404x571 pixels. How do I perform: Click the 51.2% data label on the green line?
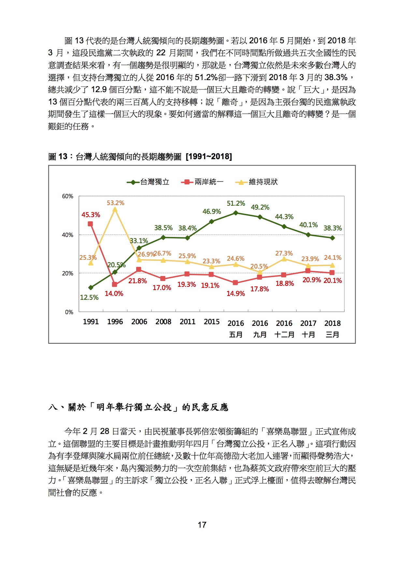pyautogui.click(x=236, y=203)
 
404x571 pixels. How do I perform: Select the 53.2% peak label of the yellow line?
pyautogui.click(x=116, y=203)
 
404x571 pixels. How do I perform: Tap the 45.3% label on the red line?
pyautogui.click(x=91, y=215)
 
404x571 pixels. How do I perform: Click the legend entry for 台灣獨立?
pyautogui.click(x=148, y=182)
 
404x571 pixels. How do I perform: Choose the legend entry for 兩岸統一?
pyautogui.click(x=202, y=182)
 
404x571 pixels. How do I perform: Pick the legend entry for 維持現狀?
pyautogui.click(x=256, y=182)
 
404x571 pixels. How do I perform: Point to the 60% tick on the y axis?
pyautogui.click(x=68, y=196)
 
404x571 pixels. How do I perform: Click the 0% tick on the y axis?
pyautogui.click(x=69, y=312)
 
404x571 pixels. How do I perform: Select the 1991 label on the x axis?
pyautogui.click(x=91, y=322)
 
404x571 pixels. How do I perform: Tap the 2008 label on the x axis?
pyautogui.click(x=163, y=322)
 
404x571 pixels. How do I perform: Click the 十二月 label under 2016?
pyautogui.click(x=284, y=335)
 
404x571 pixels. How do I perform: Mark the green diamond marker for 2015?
pyautogui.click(x=212, y=221)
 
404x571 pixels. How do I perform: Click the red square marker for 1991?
pyautogui.click(x=90, y=224)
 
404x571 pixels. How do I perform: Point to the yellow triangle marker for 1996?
pyautogui.click(x=115, y=209)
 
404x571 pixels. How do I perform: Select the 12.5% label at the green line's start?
pyautogui.click(x=89, y=298)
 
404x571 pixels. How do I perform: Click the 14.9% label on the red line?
pyautogui.click(x=236, y=294)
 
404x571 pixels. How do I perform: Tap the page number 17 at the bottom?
pyautogui.click(x=202, y=525)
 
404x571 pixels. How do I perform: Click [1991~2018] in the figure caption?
pyautogui.click(x=209, y=157)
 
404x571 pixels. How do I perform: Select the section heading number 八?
pyautogui.click(x=53, y=407)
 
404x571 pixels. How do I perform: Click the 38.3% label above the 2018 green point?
pyautogui.click(x=333, y=228)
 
